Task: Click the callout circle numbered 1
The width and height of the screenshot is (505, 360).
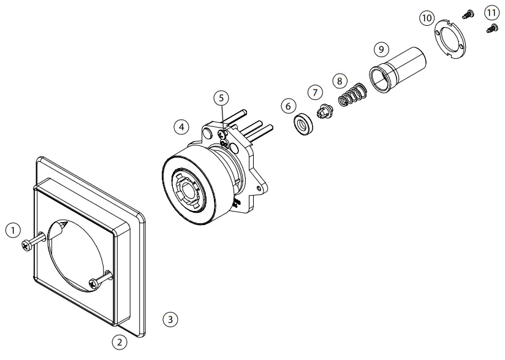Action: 10,230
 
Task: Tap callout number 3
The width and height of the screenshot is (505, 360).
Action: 171,319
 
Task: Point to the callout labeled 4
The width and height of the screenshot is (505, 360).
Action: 180,126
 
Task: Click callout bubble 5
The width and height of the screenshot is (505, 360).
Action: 221,98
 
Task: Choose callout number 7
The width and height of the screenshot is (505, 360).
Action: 315,92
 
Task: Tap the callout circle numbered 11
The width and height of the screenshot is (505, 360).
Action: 491,12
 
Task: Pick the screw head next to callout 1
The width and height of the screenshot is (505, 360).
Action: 26,245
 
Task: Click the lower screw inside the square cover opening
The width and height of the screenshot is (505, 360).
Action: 95,283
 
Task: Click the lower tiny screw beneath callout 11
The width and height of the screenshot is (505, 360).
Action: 491,27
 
